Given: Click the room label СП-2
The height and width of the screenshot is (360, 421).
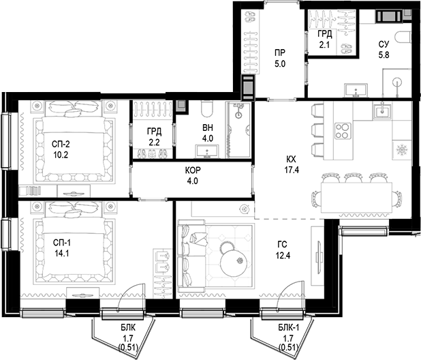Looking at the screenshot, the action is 61,145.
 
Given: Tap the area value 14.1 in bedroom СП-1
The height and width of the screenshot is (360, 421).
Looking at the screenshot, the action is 62,254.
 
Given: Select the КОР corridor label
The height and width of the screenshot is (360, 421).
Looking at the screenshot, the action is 193,170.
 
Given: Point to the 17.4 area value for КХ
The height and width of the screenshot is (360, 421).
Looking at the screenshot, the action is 292,170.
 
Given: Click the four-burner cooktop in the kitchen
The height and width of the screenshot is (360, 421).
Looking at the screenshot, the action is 343,131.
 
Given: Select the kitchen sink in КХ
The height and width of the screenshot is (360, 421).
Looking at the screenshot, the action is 381,110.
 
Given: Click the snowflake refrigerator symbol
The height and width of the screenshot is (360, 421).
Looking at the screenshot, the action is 402,149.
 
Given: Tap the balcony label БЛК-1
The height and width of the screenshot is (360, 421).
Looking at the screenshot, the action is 289,327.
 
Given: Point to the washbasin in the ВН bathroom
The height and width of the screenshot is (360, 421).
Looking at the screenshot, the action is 207,151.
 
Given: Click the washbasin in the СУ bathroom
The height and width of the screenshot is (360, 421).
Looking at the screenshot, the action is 356,90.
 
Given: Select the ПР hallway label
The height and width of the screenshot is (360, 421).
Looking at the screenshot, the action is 280,52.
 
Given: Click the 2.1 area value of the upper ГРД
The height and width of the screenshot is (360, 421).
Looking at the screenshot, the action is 324,44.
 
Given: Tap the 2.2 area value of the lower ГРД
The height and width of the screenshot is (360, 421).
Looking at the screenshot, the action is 154,142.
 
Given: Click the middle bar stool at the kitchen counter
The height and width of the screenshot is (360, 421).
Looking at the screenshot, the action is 317,130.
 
